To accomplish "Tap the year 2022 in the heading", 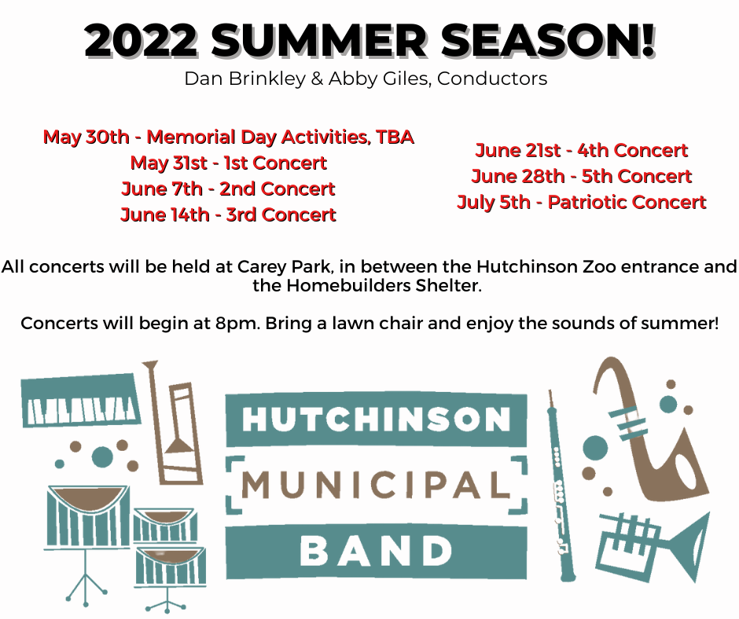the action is point(142,41).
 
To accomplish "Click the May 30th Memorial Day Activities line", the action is point(229,137).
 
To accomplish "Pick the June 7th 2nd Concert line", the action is point(229,189).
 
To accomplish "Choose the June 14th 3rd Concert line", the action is point(229,214).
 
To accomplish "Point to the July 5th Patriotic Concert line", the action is point(582,202).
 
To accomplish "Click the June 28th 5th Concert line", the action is point(582,176).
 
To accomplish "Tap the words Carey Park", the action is point(284,267).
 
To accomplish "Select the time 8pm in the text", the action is point(237,324).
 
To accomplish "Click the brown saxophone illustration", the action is point(650,429).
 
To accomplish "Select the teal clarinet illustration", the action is point(561,485).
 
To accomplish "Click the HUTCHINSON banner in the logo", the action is point(376,419).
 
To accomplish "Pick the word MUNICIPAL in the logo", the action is point(376,485).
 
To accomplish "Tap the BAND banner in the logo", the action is point(376,552).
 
